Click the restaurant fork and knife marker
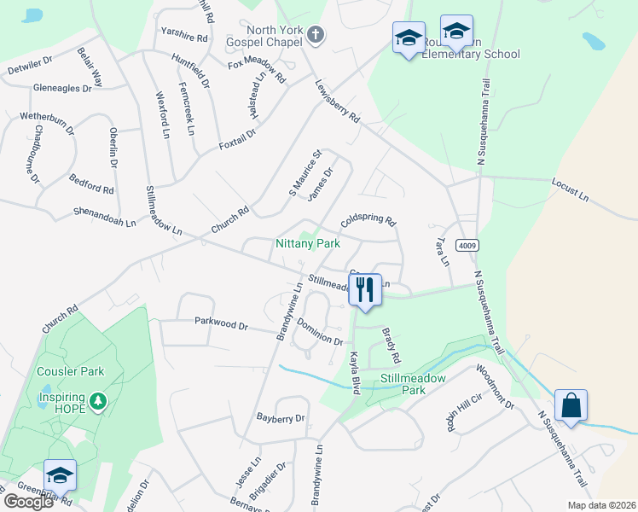point(365,289)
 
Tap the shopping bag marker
point(571,405)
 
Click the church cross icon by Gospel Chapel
point(316,35)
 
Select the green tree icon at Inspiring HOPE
point(98,401)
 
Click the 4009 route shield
point(465,245)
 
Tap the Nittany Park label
point(307,243)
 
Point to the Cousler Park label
point(70,371)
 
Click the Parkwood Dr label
point(220,326)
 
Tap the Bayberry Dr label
point(281,418)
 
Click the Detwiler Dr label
point(31,65)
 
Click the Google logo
point(28,502)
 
